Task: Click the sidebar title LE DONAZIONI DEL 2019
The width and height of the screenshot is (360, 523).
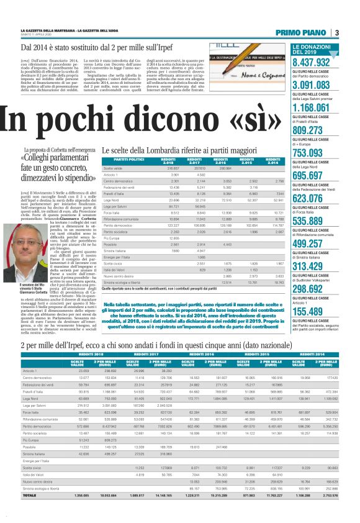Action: [x=310, y=50]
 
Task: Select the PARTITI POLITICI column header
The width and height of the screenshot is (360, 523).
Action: [x=120, y=161]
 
